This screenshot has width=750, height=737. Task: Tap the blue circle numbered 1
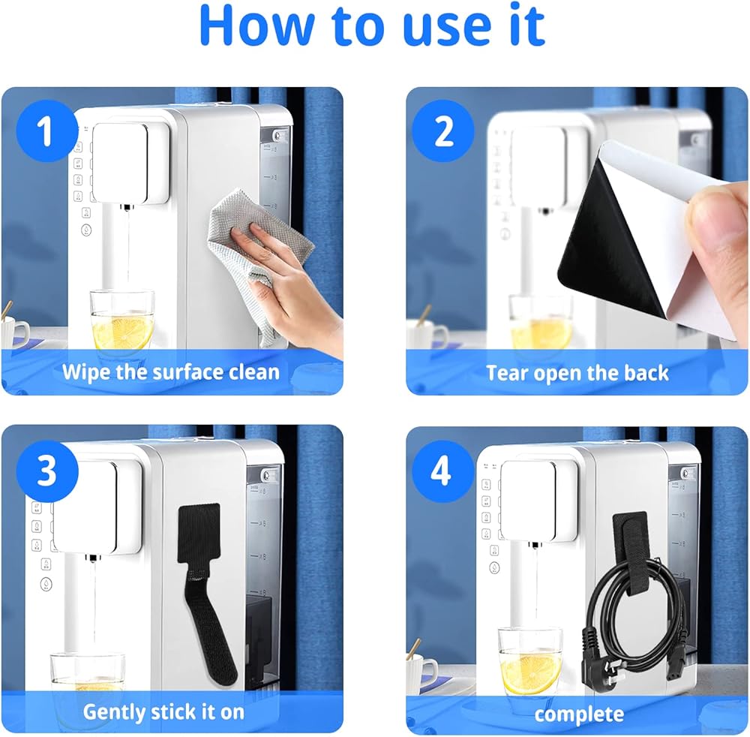46,131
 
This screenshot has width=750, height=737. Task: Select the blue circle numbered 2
443,131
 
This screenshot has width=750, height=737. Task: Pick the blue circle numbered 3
46,471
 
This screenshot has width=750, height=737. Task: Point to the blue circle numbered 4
440,471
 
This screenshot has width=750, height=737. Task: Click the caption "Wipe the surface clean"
171,372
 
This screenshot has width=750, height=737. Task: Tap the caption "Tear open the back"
577,373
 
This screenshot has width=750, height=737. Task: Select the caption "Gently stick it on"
163,712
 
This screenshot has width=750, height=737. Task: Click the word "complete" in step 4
579,714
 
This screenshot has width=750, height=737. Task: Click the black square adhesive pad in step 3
199,534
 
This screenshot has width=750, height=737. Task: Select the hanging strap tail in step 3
211,622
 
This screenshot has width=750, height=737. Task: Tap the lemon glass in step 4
530,661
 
